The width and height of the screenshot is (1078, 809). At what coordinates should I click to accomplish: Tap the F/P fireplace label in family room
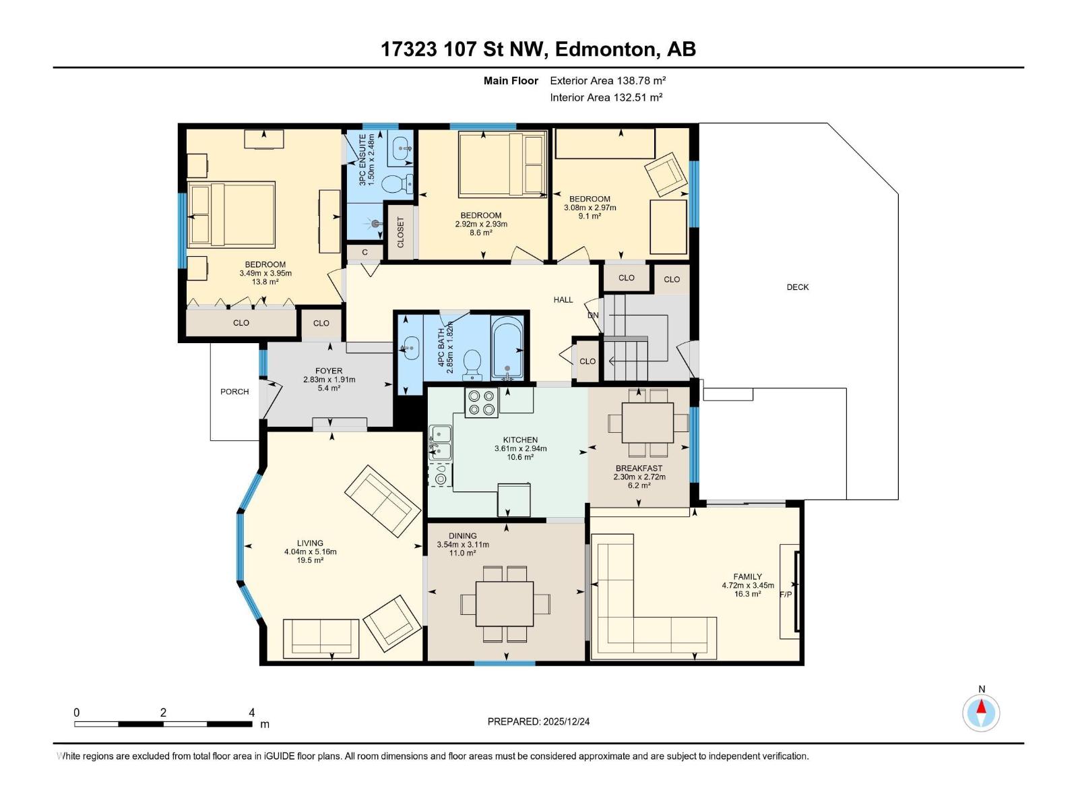786,595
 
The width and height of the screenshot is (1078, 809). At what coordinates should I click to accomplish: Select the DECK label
798,287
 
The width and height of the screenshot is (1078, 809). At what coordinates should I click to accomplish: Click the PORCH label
234,392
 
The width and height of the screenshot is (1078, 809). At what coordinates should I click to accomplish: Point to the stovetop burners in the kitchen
481,402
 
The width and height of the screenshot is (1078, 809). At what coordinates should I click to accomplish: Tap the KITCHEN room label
520,440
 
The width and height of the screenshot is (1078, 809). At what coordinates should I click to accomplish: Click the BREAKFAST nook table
647,422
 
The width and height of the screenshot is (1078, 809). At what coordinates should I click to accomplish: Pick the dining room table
505,603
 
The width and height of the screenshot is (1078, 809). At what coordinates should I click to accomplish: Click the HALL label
563,300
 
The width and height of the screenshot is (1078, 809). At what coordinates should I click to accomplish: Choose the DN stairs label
593,316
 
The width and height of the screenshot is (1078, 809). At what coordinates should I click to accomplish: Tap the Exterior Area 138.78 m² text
608,80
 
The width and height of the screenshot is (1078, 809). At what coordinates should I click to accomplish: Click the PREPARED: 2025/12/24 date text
538,721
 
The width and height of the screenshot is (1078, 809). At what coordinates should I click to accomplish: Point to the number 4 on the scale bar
251,713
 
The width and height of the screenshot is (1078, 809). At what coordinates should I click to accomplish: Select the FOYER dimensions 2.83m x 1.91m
329,380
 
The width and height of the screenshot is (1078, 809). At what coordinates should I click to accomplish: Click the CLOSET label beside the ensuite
401,232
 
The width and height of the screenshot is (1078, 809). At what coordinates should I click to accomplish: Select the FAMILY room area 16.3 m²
747,595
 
